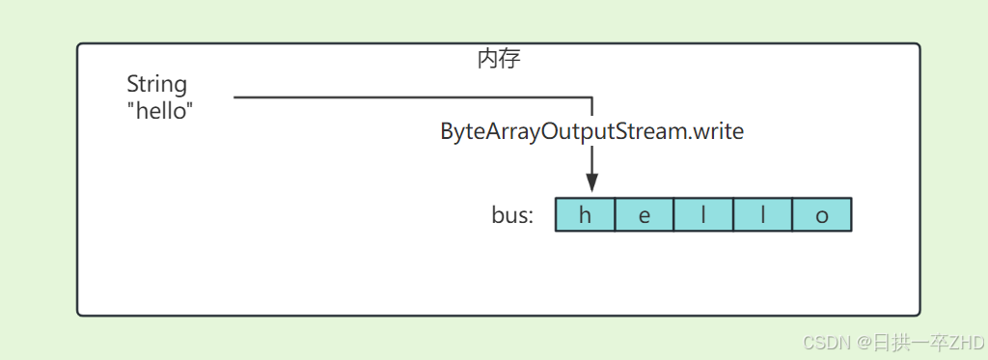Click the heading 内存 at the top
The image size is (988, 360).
click(499, 60)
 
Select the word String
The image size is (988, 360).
click(157, 85)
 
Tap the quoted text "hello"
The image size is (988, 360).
click(160, 111)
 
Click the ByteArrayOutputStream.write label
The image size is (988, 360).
click(592, 132)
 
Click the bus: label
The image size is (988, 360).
click(512, 215)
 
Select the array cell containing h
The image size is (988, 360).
click(585, 215)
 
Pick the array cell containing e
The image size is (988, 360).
click(645, 215)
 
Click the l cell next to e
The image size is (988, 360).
click(703, 215)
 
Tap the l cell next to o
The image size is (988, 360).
click(762, 215)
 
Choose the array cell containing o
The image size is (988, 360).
click(822, 215)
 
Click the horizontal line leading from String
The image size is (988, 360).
click(405, 97)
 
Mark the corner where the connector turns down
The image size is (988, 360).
click(592, 97)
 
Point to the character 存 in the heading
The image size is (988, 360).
click(510, 60)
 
